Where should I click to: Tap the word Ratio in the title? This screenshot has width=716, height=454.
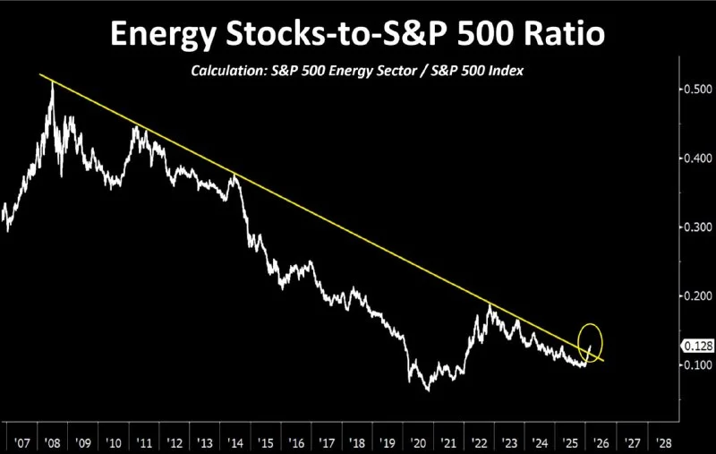(561, 35)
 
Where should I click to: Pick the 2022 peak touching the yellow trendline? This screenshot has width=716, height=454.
(490, 305)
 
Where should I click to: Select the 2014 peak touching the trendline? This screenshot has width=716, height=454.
(234, 175)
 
